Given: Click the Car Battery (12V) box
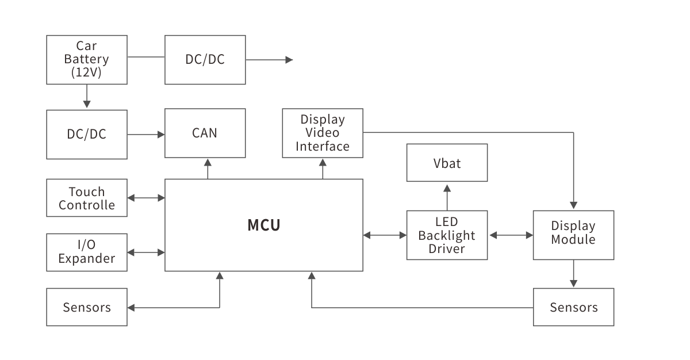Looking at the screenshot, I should click(x=86, y=59).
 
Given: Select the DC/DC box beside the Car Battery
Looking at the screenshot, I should click(x=205, y=59).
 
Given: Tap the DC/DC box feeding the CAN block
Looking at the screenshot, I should click(x=86, y=134).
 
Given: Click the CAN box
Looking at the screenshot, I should click(x=205, y=133).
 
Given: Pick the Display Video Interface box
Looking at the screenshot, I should click(x=323, y=133).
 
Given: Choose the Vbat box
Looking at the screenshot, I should click(x=447, y=163).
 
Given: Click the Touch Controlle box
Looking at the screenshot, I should click(x=86, y=198).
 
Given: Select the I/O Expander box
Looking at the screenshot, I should click(x=86, y=252).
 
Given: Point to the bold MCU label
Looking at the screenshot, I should click(x=264, y=225).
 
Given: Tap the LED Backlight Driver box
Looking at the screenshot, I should click(x=447, y=235).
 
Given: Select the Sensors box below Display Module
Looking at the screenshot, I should click(x=573, y=307).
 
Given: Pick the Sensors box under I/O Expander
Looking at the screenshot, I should click(x=86, y=307).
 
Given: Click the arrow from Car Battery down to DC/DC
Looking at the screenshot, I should click(x=86, y=97).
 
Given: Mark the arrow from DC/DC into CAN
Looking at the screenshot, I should click(x=146, y=135).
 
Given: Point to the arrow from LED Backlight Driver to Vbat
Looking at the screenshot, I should click(x=447, y=196).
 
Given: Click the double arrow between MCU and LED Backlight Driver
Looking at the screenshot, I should click(x=385, y=235).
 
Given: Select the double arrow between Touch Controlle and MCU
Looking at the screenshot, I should click(x=146, y=198).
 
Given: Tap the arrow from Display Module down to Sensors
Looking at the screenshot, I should click(x=573, y=274).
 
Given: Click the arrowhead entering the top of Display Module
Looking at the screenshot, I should click(x=573, y=205).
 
